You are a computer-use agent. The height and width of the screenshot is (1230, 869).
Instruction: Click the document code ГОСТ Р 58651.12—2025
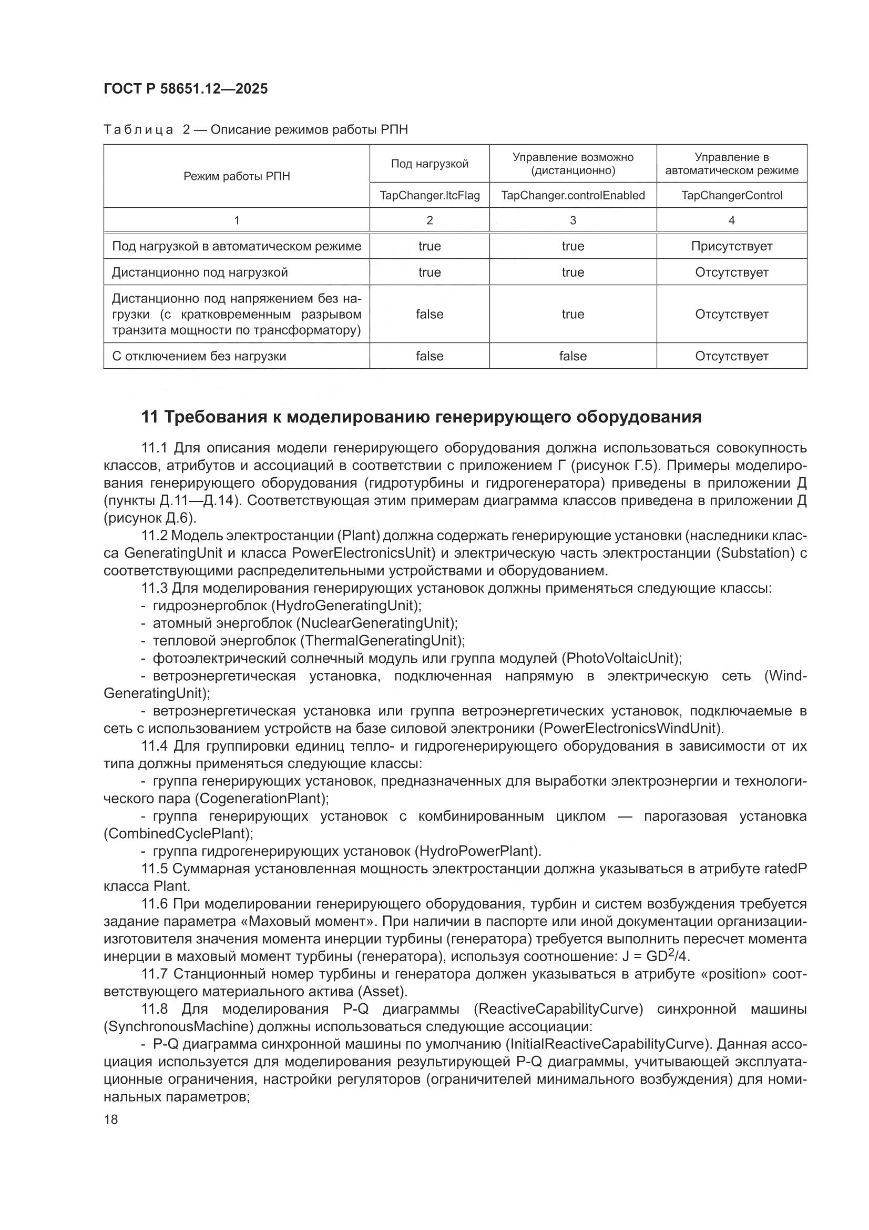click(186, 89)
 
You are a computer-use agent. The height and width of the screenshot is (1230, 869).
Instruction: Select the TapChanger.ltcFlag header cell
click(430, 196)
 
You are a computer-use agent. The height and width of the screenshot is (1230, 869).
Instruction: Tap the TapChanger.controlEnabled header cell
click(572, 196)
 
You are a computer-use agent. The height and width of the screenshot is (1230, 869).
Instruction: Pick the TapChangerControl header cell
click(731, 196)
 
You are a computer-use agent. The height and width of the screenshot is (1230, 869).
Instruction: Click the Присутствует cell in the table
click(731, 246)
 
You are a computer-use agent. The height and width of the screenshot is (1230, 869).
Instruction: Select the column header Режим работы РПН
click(237, 176)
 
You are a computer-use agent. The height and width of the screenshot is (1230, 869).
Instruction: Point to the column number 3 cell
click(572, 220)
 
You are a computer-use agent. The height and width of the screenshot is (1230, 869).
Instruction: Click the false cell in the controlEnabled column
click(572, 356)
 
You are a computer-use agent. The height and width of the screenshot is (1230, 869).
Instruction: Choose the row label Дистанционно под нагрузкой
click(200, 273)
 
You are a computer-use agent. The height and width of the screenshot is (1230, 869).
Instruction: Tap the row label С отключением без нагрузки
click(199, 356)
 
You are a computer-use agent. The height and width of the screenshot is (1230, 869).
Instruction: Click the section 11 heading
click(421, 417)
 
